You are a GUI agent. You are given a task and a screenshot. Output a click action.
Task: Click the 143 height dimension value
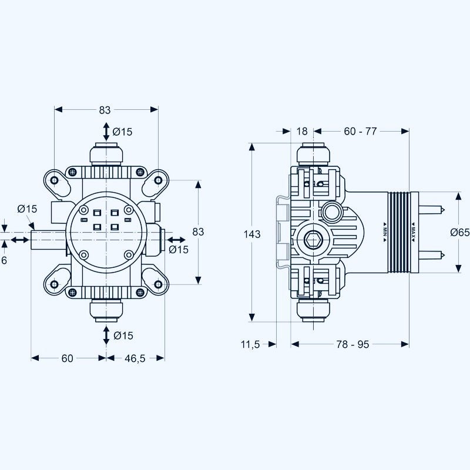pyautogui.click(x=251, y=234)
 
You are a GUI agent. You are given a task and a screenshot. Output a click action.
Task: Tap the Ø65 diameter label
pyautogui.click(x=459, y=232)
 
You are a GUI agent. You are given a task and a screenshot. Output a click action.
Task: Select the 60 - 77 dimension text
pyautogui.click(x=360, y=131)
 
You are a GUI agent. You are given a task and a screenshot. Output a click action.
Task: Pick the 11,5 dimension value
pyautogui.click(x=250, y=344)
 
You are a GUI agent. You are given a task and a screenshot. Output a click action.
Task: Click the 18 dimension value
pyautogui.click(x=302, y=131)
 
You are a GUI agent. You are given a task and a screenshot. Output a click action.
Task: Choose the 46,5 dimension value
pyautogui.click(x=135, y=358)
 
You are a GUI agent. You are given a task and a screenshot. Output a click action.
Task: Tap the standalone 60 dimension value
pyautogui.click(x=68, y=358)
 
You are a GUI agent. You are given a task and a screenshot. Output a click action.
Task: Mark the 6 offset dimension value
pyautogui.click(x=4, y=259)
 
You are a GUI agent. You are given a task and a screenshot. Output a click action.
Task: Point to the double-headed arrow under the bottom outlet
pyautogui.click(x=106, y=335)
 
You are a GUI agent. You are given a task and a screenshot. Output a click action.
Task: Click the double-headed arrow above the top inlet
pyautogui.click(x=106, y=130)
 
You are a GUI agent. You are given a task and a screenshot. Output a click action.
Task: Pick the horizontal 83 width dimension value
pyautogui.click(x=105, y=110)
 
